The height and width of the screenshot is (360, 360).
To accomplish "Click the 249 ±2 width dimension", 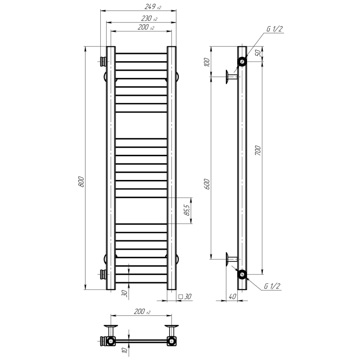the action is [153, 7].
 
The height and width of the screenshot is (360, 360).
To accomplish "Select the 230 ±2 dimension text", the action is [149, 18].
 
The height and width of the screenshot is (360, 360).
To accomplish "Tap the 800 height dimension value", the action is [81, 182].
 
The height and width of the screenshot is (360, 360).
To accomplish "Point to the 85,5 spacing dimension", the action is [187, 210].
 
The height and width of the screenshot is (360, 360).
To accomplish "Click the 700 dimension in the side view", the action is [258, 150].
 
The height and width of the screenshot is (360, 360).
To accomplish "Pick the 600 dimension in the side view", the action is [207, 184].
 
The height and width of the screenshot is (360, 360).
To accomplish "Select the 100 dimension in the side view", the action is [207, 62].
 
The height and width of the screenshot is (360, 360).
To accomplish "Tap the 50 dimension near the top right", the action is [258, 53].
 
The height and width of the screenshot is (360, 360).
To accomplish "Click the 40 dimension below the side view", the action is [232, 297].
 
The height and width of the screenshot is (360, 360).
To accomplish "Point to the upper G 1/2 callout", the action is [274, 29].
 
